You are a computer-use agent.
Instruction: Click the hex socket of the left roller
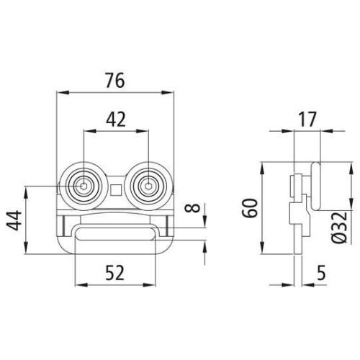(84, 186)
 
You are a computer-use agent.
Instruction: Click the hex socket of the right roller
(148, 186)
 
